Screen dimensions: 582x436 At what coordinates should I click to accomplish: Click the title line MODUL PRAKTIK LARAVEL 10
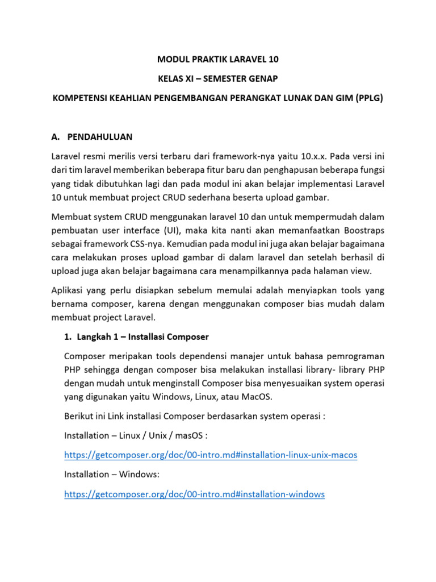(x=217, y=59)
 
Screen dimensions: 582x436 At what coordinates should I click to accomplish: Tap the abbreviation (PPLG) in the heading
(x=369, y=98)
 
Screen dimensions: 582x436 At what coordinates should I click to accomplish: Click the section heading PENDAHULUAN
(x=99, y=136)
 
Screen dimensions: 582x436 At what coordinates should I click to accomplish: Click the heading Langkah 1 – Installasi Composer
(x=136, y=336)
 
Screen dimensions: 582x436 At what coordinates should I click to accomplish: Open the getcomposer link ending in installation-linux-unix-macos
(x=211, y=455)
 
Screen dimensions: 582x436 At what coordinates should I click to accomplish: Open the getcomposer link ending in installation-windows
(x=194, y=494)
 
